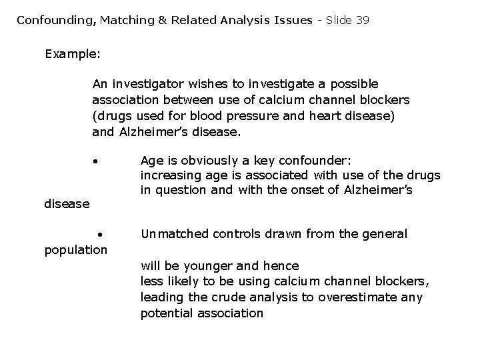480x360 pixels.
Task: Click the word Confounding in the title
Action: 56,20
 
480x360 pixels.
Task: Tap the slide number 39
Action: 362,20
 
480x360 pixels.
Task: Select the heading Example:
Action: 72,53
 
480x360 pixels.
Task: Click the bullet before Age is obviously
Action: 96,162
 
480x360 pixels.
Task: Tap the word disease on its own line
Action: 67,204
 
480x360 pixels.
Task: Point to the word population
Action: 75,250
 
